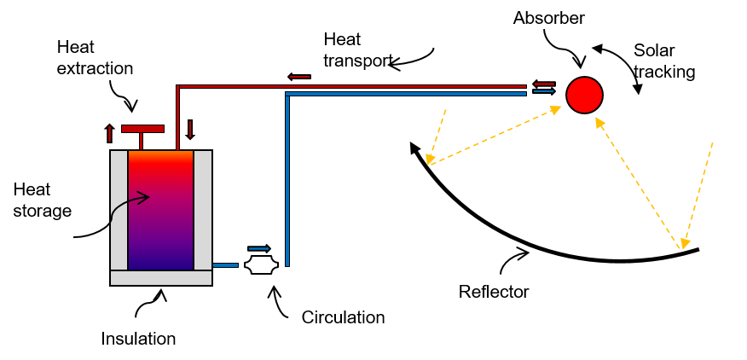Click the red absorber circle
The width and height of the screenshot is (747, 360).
point(584,95)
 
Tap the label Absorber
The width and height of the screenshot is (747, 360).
point(549,18)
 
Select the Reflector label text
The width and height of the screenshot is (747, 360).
point(494,292)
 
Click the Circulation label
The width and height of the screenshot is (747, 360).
point(343,317)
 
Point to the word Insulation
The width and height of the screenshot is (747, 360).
point(138,339)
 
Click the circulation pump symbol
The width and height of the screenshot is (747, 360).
point(261,265)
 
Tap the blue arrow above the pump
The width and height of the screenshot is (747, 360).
point(259,248)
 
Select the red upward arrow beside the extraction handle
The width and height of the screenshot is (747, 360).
point(110,133)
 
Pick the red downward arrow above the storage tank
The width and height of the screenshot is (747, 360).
point(190,130)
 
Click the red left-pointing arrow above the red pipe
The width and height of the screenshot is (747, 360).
point(299,76)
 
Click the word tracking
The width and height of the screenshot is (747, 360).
point(664,72)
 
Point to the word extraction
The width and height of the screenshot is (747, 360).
point(95,68)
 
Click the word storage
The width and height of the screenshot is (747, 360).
point(43,210)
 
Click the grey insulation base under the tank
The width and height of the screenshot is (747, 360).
point(161,278)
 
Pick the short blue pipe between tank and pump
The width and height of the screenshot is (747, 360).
point(225,265)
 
